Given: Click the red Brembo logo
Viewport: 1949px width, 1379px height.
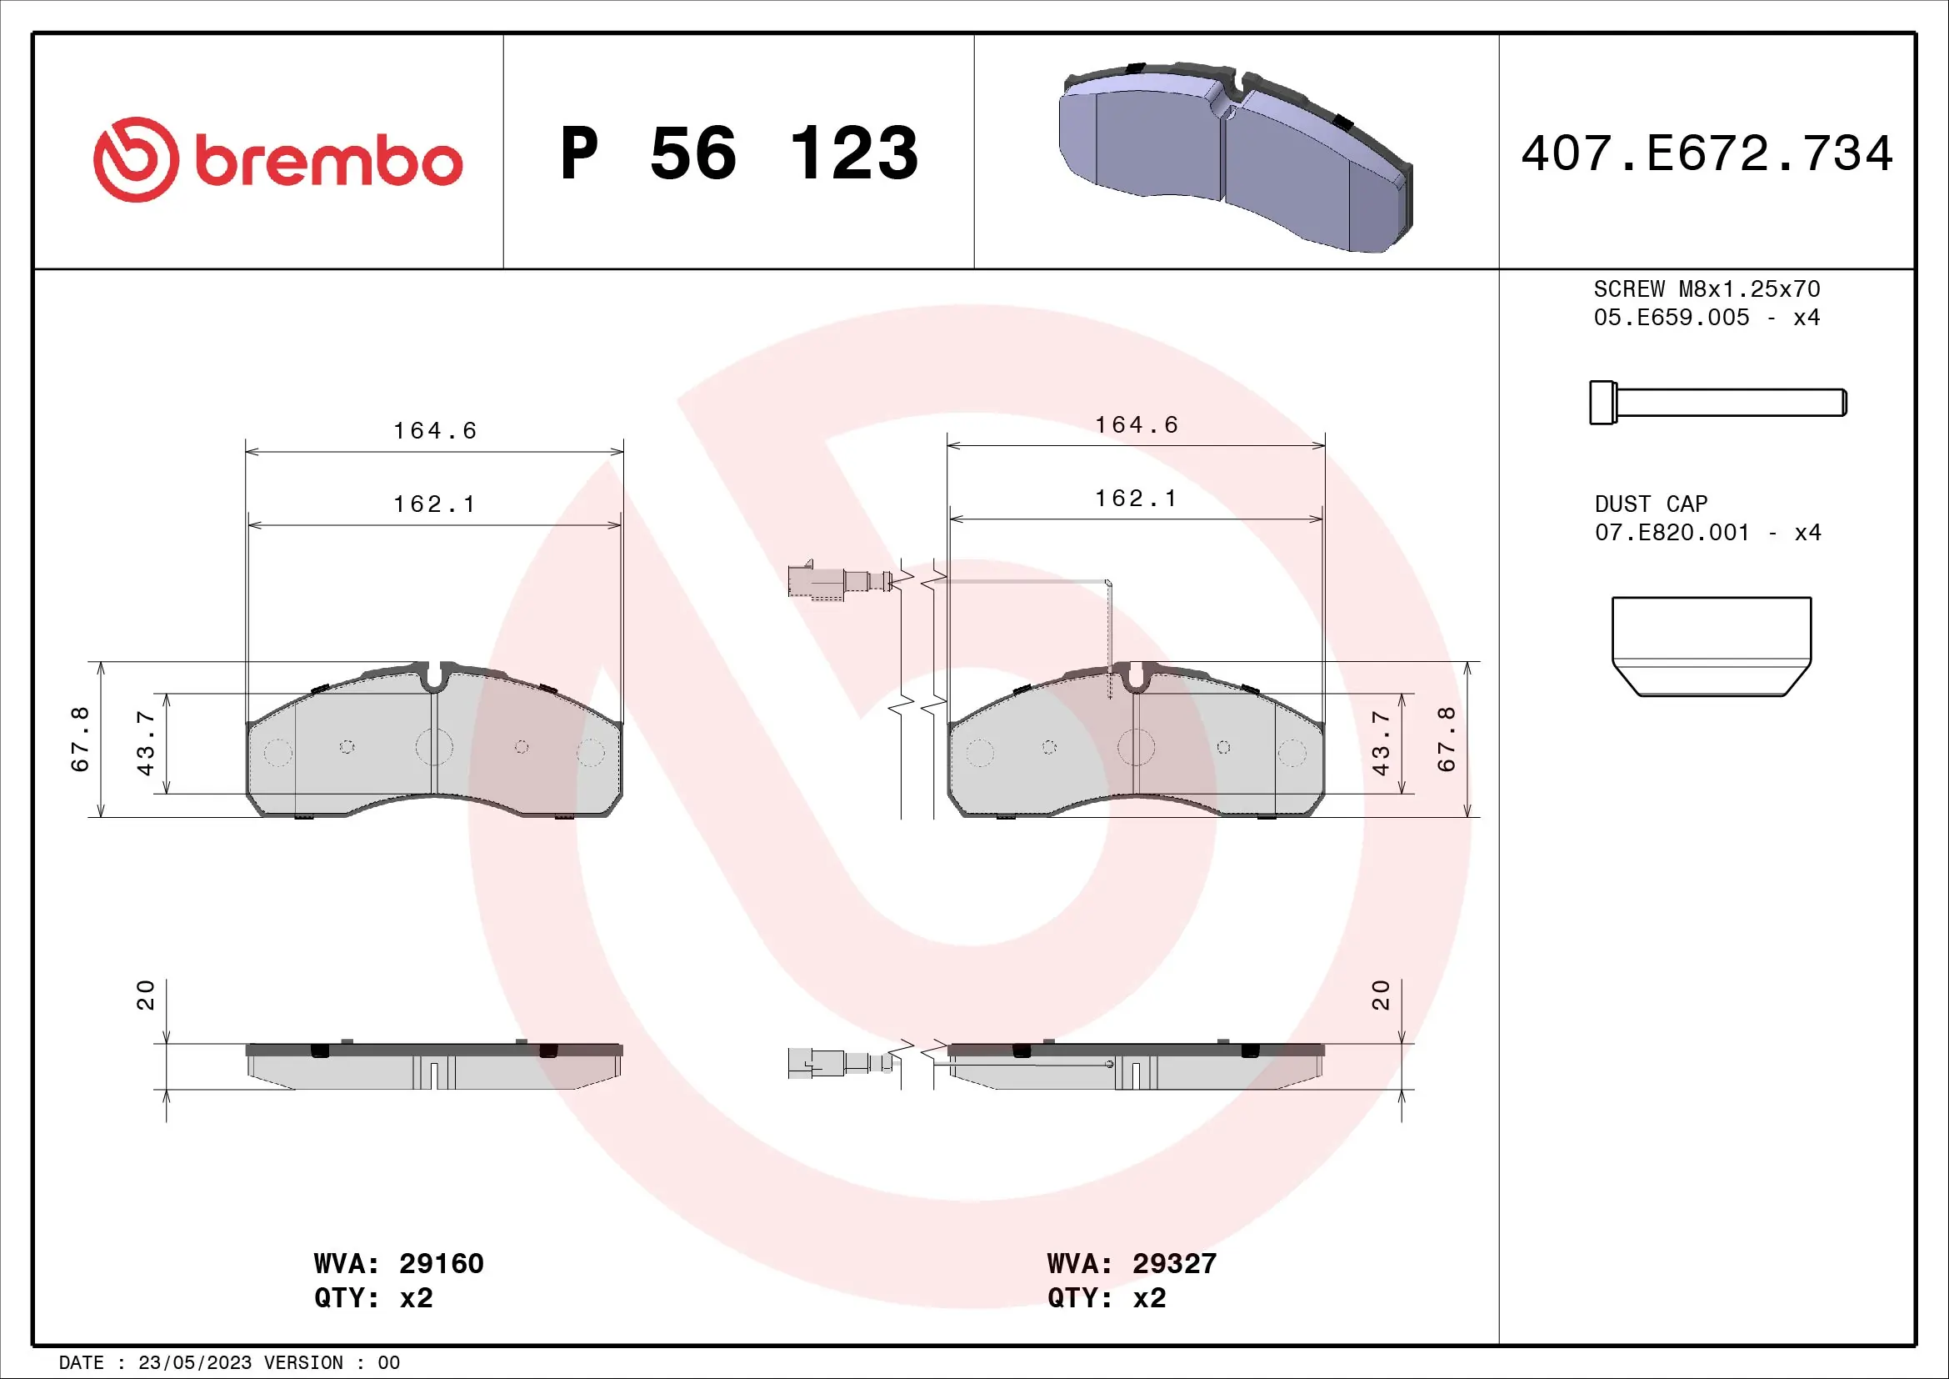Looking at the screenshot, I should (277, 159).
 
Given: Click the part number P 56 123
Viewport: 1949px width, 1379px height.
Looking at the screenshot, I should (738, 153).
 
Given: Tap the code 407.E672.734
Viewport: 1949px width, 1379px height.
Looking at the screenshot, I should (1707, 153).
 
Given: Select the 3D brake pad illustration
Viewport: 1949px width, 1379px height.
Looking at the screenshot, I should (1235, 157).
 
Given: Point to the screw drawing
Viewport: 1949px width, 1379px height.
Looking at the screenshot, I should (1717, 403).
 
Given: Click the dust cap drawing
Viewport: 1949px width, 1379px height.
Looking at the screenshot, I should (1712, 646).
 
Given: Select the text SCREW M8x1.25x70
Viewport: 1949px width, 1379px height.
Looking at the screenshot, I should (1707, 288).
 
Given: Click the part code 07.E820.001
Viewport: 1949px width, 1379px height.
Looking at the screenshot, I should (1672, 533).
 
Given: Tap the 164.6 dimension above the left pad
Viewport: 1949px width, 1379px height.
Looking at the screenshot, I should (435, 430).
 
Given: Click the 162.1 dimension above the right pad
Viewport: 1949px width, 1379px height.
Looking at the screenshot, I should (1136, 499).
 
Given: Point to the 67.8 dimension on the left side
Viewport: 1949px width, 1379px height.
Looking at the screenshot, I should (80, 739).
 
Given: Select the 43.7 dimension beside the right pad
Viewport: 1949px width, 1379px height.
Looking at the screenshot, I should (1381, 743).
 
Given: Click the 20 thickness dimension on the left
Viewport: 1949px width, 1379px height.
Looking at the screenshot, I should (145, 995).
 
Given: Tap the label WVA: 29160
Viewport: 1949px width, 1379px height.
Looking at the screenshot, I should (398, 1263).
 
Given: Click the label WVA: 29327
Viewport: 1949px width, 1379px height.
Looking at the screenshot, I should (1132, 1263).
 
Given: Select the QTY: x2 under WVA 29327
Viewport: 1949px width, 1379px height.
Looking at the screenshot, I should (1106, 1298).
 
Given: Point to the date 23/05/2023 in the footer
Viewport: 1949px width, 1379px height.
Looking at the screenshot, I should (195, 1363).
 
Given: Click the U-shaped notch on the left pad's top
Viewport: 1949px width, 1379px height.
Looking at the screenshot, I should (435, 678).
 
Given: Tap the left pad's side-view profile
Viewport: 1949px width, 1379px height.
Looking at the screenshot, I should (434, 1066).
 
